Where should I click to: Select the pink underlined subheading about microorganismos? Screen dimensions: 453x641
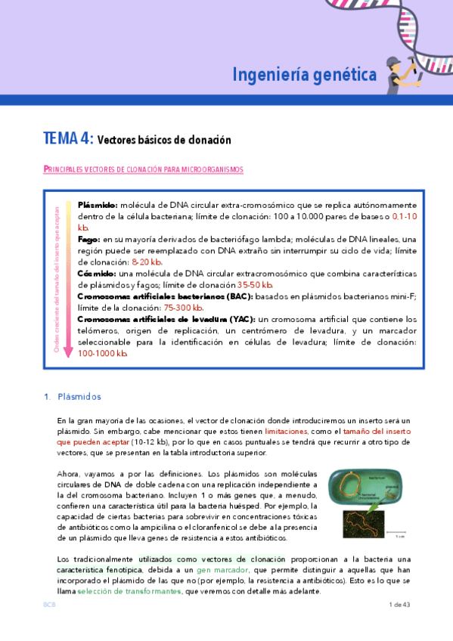143,170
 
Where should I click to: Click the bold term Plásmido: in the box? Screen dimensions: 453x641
98,205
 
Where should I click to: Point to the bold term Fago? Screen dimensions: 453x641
90,239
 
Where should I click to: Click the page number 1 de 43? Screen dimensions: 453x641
399,605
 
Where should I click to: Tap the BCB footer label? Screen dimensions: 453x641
50,605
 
